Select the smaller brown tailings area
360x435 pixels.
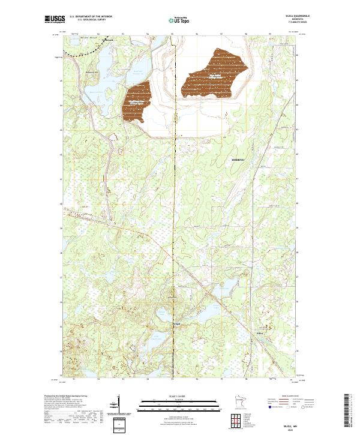coord(136,102)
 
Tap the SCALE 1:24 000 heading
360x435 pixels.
coord(176,395)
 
